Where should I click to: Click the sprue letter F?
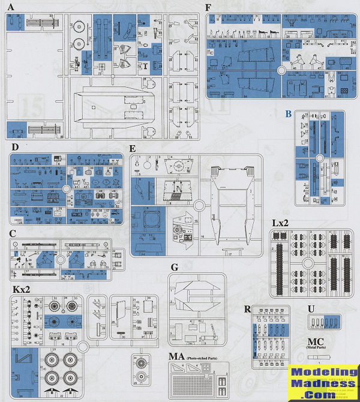[x=208, y=8]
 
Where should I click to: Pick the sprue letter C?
[x=13, y=233]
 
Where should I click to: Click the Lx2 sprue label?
[x=281, y=223]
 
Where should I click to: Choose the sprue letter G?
[x=174, y=268]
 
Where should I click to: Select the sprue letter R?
[x=247, y=309]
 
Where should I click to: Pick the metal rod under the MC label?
[x=319, y=359]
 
